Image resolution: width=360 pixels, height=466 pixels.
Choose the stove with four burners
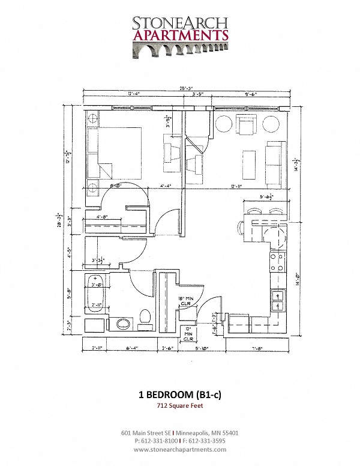(x=278, y=262)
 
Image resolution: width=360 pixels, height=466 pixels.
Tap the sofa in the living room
(x=275, y=163)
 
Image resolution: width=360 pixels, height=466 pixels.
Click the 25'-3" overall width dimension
(x=186, y=90)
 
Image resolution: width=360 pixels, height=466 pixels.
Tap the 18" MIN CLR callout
(x=185, y=301)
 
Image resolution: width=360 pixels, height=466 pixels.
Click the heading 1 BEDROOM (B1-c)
(x=180, y=395)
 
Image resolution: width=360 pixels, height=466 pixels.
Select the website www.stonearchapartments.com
(x=181, y=449)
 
